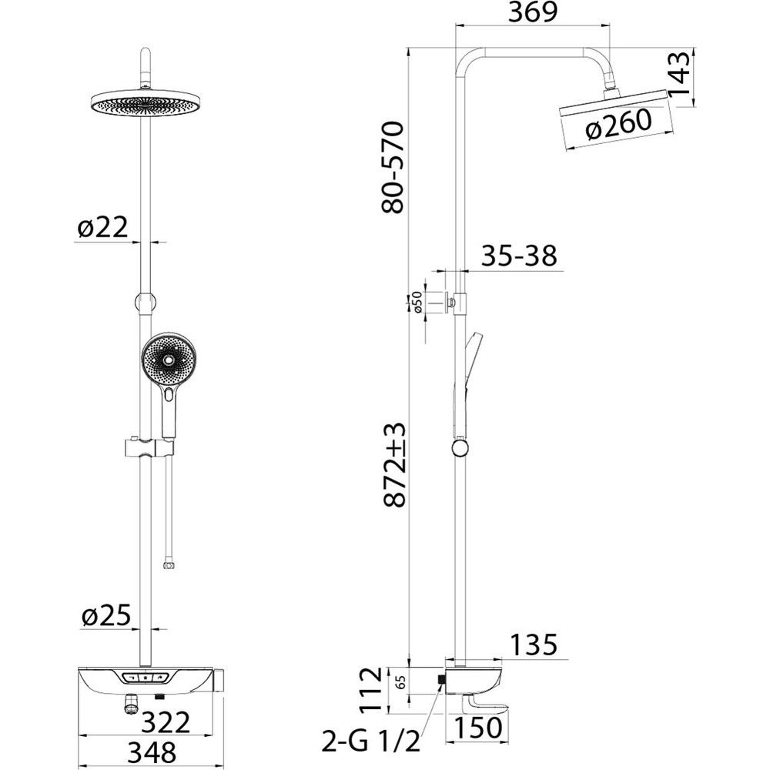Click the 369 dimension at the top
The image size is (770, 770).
532,12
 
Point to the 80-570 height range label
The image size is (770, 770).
393,167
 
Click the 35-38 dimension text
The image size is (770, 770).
520,256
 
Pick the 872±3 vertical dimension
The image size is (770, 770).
394,464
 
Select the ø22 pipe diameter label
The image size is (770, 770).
102,227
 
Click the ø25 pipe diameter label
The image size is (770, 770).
106,615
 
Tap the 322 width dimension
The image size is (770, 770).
166,722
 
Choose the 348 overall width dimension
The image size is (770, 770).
152,752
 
